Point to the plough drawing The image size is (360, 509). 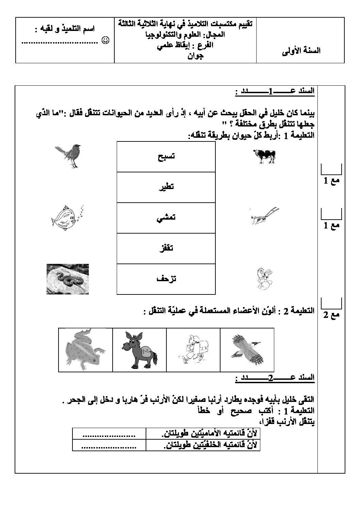click(264, 216)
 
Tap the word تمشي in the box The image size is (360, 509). click(166, 218)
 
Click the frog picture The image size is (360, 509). click(85, 350)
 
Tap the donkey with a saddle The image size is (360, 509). click(139, 350)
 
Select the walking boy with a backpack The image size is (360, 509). click(193, 350)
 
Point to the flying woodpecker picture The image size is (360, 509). click(248, 350)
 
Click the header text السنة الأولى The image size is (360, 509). click(302, 51)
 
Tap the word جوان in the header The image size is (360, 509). click(195, 56)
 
